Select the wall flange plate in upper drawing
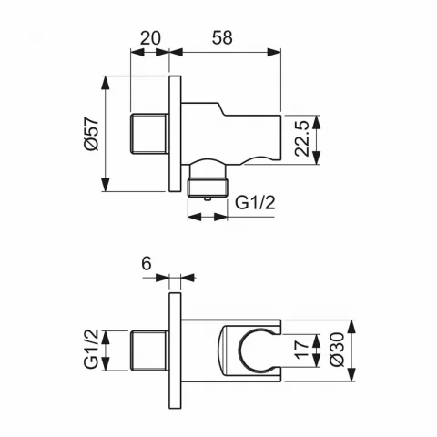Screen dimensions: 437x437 (x=177, y=134)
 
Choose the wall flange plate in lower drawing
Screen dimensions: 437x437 (x=177, y=350)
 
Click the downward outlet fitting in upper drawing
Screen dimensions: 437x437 (x=208, y=180)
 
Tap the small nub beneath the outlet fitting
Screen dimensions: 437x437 (x=208, y=196)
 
